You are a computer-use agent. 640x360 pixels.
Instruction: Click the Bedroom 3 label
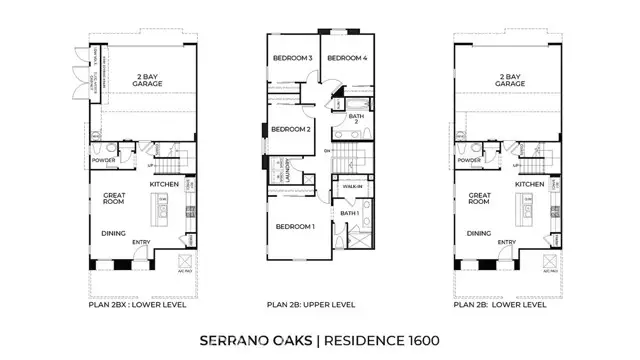(x=293, y=58)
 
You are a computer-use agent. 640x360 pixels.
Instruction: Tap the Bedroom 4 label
(x=348, y=58)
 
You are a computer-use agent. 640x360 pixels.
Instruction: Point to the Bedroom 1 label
(x=295, y=226)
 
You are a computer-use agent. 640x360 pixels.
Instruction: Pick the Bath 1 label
(x=350, y=213)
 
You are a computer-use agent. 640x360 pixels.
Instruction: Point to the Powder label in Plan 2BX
(x=103, y=159)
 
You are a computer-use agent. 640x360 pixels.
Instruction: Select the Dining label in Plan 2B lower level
(x=478, y=234)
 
